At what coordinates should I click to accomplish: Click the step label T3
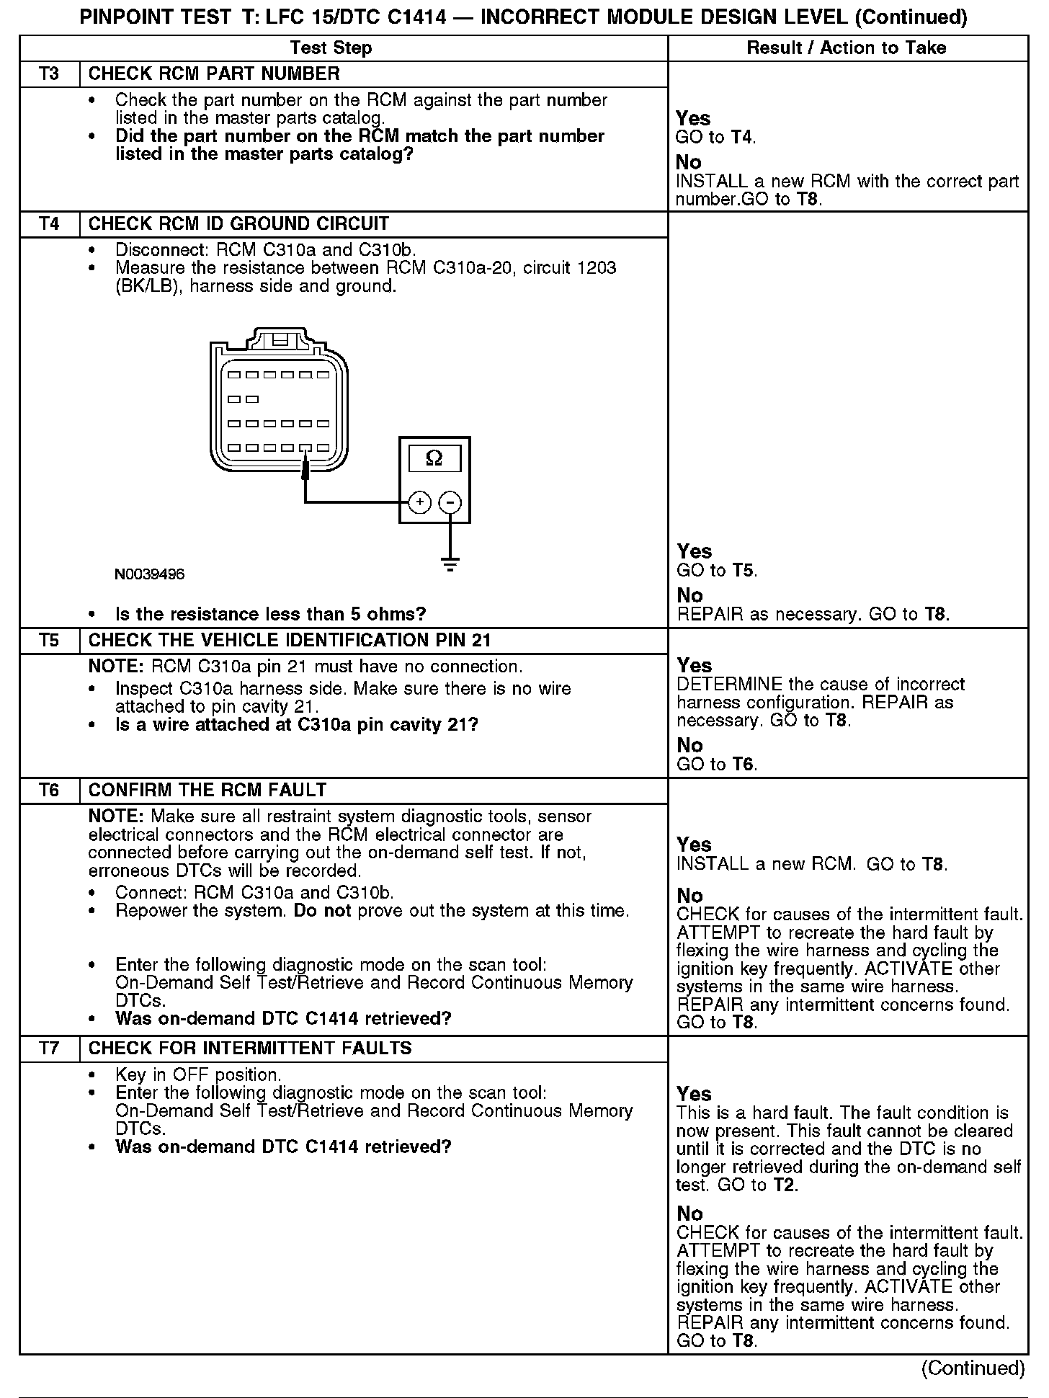49,74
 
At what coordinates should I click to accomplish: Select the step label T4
49,224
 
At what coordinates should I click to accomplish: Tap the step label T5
49,641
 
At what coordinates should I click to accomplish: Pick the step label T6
49,791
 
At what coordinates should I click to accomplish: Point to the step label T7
49,1048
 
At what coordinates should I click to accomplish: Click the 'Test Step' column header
331,48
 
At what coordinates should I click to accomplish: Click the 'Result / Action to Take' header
847,48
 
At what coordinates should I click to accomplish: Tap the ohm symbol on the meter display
434,458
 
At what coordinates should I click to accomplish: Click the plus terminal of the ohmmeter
419,502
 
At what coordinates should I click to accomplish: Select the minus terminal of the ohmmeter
450,502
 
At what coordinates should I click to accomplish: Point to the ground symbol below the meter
450,564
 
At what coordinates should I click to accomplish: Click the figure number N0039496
149,574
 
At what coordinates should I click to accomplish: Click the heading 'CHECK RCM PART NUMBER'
214,74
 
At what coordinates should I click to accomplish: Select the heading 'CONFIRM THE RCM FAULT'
207,791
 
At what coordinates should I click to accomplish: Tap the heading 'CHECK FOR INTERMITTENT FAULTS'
250,1048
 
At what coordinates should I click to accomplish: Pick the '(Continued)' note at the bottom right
973,1368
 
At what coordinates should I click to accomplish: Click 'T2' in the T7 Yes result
785,1185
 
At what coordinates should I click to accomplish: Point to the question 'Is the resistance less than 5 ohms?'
270,615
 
